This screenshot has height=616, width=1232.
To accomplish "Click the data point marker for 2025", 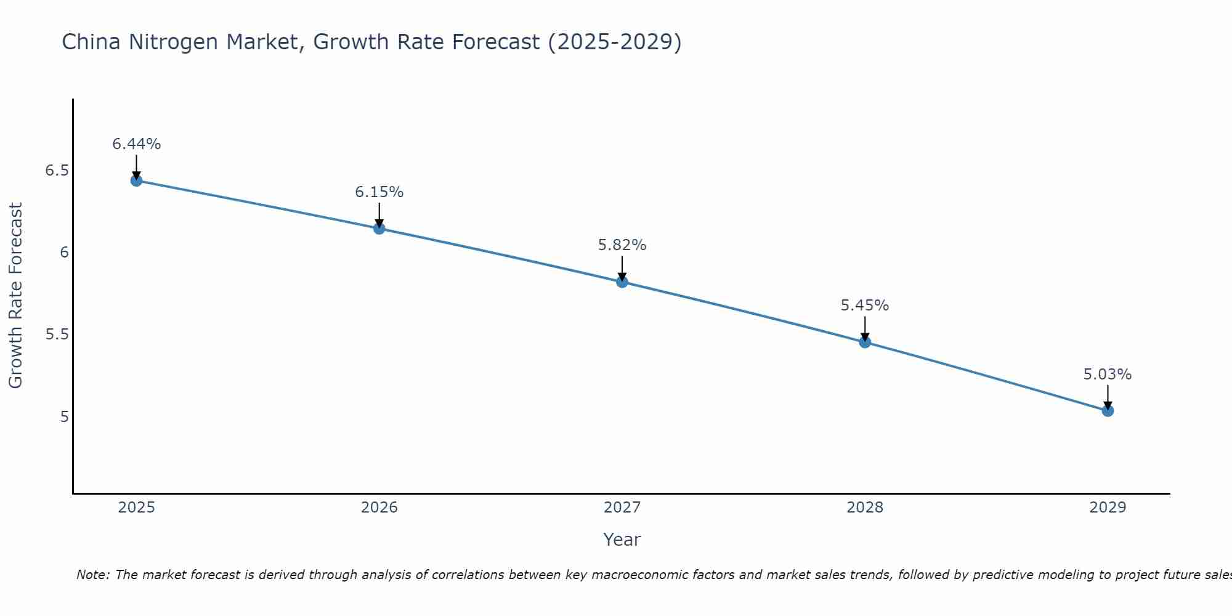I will click(x=136, y=180).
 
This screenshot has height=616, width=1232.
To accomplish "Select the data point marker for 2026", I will click(x=379, y=229).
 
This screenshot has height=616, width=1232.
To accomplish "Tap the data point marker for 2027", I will click(x=622, y=282).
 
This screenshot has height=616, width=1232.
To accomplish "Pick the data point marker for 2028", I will click(x=865, y=342).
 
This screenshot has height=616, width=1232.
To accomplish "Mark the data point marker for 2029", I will click(x=1108, y=411).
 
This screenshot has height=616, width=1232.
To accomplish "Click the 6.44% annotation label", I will click(x=136, y=144).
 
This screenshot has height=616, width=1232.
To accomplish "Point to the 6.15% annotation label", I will click(x=379, y=192).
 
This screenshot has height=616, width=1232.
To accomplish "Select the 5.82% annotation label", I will click(x=622, y=245).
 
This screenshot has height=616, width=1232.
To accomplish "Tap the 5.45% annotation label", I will click(x=865, y=306).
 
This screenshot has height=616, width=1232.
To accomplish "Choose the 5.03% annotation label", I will click(x=1108, y=375).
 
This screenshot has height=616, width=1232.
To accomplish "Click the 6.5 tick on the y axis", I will click(x=57, y=171).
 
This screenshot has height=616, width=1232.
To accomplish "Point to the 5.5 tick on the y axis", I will click(x=57, y=334).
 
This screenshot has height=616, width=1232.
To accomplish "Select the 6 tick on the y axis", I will click(x=64, y=253).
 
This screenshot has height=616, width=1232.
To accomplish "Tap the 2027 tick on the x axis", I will click(x=622, y=508).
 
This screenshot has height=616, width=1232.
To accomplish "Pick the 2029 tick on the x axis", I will click(x=1108, y=508).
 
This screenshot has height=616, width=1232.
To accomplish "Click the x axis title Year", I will click(x=622, y=540).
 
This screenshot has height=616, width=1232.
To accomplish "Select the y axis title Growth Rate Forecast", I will click(x=15, y=296).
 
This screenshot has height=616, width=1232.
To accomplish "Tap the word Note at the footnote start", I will click(x=92, y=575).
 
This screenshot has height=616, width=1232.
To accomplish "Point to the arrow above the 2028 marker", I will click(x=865, y=328).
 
